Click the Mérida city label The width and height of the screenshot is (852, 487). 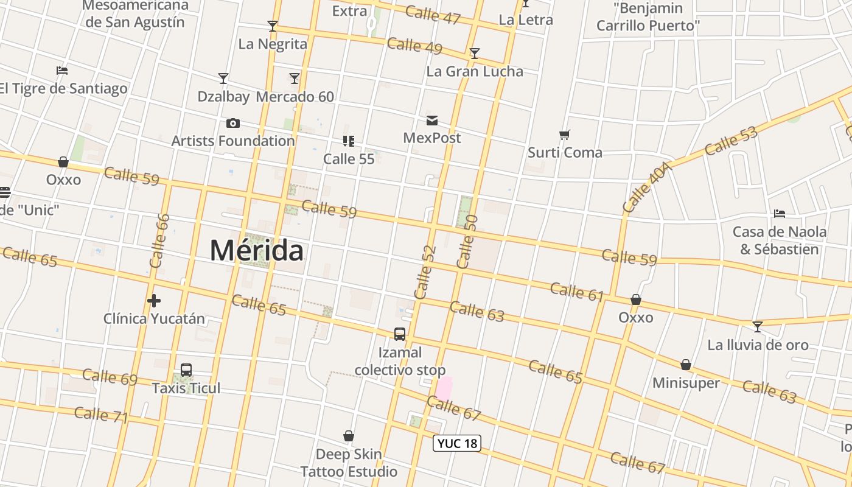click(x=256, y=251)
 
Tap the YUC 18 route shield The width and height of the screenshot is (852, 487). click(x=456, y=443)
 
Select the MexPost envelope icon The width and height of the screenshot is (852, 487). click(x=432, y=121)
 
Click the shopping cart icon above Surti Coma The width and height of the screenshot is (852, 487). click(x=565, y=135)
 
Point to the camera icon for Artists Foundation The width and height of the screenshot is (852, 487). click(x=232, y=124)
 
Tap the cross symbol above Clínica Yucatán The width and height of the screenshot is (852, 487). click(x=154, y=301)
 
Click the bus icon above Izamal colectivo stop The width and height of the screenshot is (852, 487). click(x=400, y=334)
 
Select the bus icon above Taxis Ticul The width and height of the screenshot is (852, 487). click(x=186, y=370)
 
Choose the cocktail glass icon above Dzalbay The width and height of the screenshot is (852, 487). click(x=223, y=79)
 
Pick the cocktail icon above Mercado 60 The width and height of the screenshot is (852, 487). click(x=295, y=79)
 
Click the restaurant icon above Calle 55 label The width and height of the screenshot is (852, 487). click(x=349, y=141)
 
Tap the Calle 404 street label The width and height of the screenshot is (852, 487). click(x=647, y=187)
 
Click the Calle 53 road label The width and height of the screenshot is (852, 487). click(x=732, y=141)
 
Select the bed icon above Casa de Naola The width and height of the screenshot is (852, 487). click(x=779, y=214)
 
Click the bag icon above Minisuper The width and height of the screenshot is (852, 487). click(x=686, y=365)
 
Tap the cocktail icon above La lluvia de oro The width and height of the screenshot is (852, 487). click(x=757, y=327)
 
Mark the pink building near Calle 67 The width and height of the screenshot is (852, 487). click(x=444, y=388)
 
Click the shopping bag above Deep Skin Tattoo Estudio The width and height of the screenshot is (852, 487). click(x=349, y=436)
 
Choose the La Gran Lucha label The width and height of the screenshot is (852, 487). click(x=475, y=71)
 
